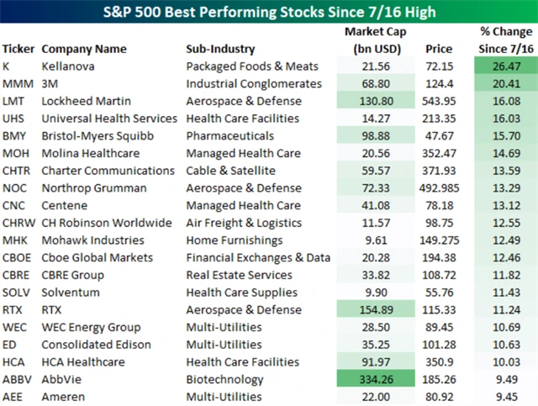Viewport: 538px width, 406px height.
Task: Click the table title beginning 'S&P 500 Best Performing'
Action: click(x=269, y=13)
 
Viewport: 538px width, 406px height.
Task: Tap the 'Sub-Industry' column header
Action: click(x=220, y=49)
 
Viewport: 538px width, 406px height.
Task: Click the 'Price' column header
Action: click(x=439, y=49)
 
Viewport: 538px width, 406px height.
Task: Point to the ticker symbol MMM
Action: click(x=18, y=83)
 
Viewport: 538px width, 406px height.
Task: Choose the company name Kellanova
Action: click(x=71, y=66)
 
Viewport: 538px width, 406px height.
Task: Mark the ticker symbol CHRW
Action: click(x=18, y=223)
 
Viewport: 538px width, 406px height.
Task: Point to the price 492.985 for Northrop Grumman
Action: click(x=439, y=188)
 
